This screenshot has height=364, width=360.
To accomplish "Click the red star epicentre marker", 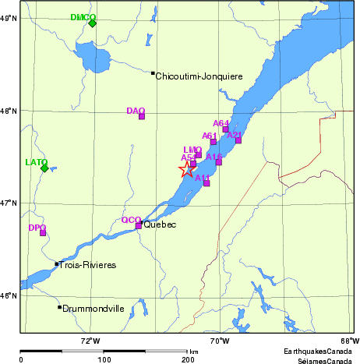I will point(187,169).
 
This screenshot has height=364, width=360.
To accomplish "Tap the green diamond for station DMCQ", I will point(93,23).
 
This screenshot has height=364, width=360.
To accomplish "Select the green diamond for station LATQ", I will point(44,168).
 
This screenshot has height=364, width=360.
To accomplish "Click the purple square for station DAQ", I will point(142,116).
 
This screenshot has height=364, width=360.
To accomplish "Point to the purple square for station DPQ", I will point(43,232).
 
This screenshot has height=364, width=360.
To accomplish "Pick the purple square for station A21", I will point(238,140).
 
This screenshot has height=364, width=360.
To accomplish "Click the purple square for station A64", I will point(226,129).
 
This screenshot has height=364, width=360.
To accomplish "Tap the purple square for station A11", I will point(206,183).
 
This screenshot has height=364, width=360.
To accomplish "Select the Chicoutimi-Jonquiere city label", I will point(199,76).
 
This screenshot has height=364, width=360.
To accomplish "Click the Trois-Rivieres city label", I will point(88,265).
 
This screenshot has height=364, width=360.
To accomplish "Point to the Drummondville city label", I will point(94,309).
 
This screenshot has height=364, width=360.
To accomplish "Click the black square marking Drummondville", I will point(59,307).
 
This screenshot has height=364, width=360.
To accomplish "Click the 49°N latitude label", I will point(9,17).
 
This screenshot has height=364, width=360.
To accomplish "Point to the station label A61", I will point(209,136).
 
